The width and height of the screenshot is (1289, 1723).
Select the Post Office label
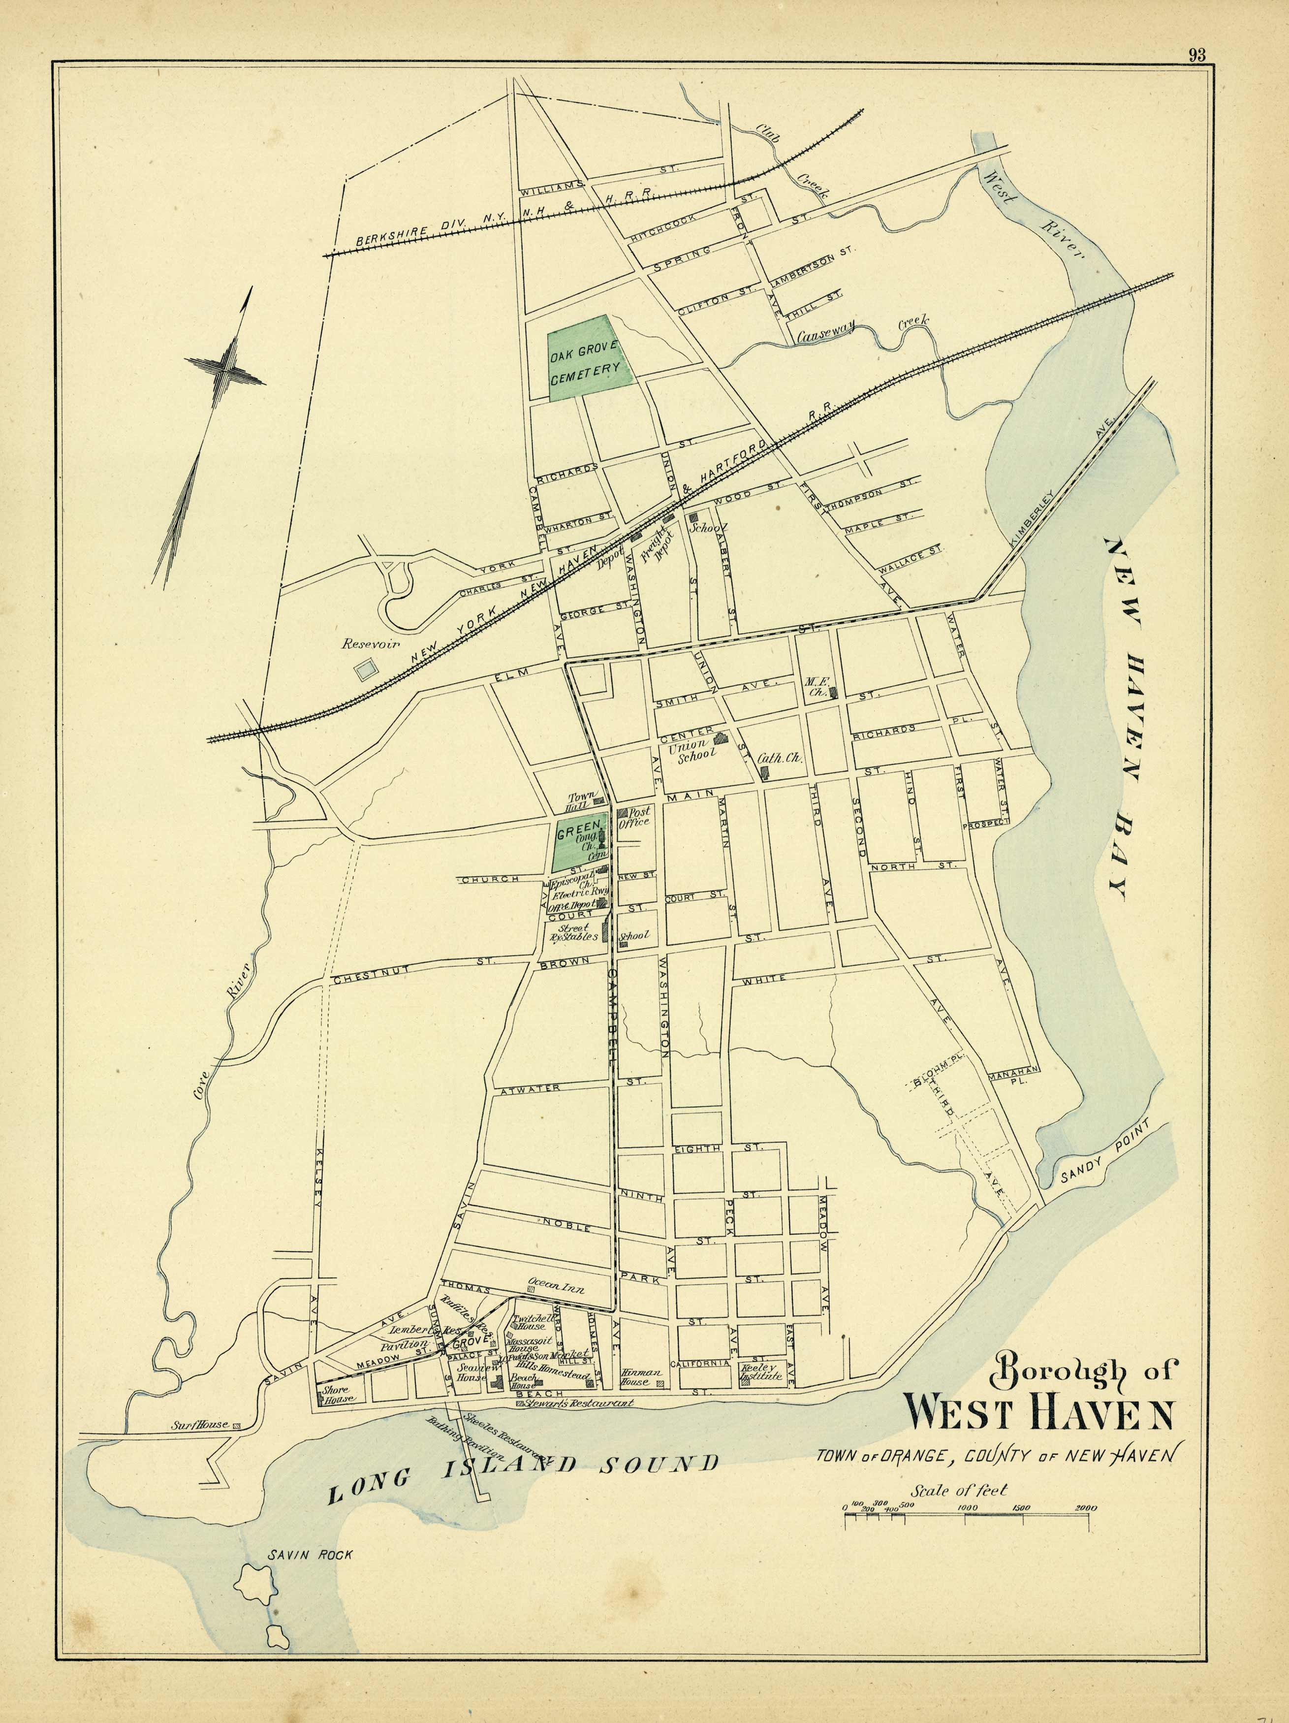pyautogui.click(x=633, y=816)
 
